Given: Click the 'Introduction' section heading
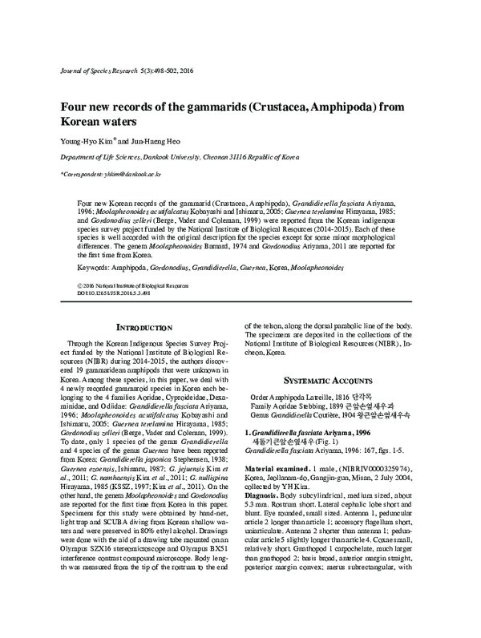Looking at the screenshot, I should [x=144, y=328].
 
